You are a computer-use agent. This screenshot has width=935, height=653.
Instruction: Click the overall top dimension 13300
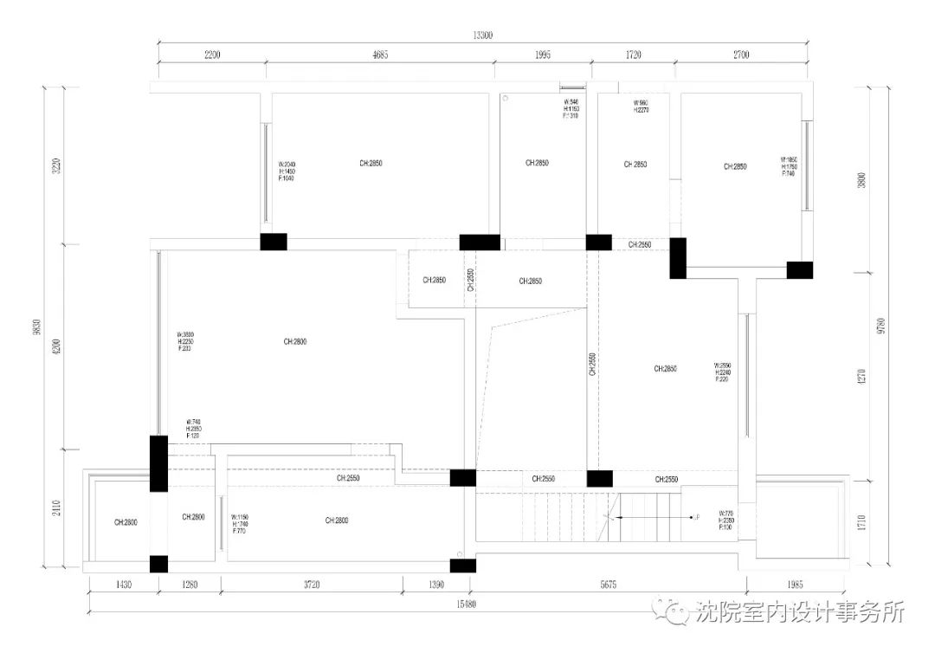click(482, 36)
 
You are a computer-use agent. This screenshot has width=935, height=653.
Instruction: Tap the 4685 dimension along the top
click(380, 55)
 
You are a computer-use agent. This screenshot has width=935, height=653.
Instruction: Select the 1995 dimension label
click(542, 55)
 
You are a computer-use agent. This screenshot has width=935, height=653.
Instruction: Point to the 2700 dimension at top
click(741, 55)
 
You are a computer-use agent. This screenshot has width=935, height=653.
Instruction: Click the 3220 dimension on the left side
click(57, 165)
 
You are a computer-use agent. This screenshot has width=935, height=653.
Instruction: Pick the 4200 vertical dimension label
click(57, 346)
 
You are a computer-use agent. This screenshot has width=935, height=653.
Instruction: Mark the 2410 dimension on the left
click(57, 508)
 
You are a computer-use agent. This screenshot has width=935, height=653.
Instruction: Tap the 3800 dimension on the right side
click(861, 180)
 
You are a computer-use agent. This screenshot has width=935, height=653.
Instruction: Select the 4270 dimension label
click(861, 377)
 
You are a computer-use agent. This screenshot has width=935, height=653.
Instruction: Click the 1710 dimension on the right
click(861, 524)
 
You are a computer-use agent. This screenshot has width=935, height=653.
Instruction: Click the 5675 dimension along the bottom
click(608, 585)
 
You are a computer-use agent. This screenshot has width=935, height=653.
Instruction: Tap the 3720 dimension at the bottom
click(312, 585)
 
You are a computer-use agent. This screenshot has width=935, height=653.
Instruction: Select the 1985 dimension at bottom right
click(796, 585)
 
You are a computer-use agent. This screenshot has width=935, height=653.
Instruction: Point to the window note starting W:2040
click(287, 171)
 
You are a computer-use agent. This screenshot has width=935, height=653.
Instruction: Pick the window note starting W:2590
click(724, 372)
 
